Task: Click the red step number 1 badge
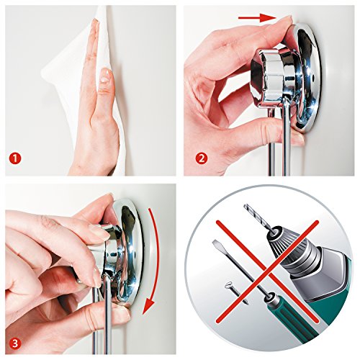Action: (x=16, y=159)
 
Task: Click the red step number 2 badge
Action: (x=201, y=158)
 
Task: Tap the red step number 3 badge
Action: (x=15, y=343)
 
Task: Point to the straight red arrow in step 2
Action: (x=256, y=17)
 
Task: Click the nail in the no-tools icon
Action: (x=236, y=293)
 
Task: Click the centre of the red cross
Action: (x=267, y=271)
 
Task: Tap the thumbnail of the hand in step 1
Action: (x=104, y=75)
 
